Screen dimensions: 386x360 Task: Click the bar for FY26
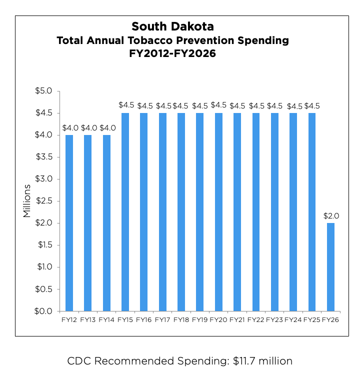(x=330, y=267)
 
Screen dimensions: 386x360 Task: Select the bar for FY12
(x=69, y=223)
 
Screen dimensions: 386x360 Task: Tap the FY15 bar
(x=125, y=212)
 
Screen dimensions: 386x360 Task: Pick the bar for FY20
(x=218, y=212)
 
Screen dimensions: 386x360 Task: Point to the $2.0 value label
(x=331, y=216)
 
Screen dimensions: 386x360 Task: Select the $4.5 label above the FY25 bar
(x=312, y=105)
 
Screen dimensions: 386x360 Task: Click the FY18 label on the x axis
(x=181, y=319)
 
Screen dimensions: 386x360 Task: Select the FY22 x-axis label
(x=255, y=319)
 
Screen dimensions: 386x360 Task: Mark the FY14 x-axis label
(x=106, y=319)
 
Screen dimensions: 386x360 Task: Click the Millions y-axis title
(x=27, y=201)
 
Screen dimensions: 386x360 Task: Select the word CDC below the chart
(x=78, y=361)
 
